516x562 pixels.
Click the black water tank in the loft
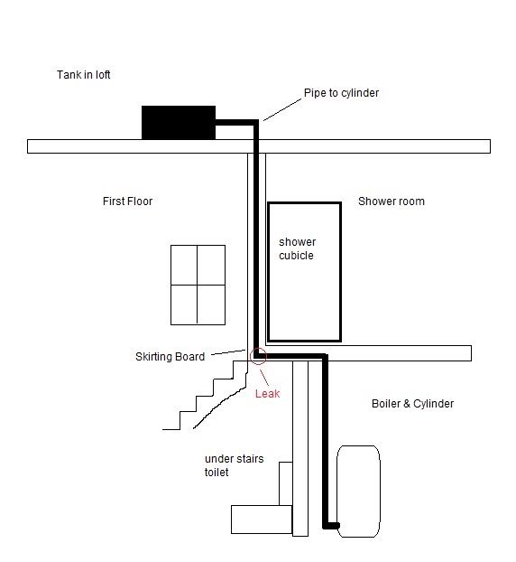pyautogui.click(x=179, y=123)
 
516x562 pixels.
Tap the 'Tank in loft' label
pyautogui.click(x=83, y=75)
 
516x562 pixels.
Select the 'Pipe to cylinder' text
pyautogui.click(x=341, y=93)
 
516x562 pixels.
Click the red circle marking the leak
pyautogui.click(x=258, y=348)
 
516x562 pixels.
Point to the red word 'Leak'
pyautogui.click(x=267, y=394)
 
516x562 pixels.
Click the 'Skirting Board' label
pyautogui.click(x=170, y=357)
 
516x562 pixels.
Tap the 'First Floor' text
pyautogui.click(x=127, y=201)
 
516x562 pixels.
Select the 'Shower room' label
pyautogui.click(x=392, y=201)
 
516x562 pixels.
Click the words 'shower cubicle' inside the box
pyautogui.click(x=297, y=248)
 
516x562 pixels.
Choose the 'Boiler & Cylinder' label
pyautogui.click(x=412, y=404)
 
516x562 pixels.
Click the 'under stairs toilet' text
pyautogui.click(x=234, y=465)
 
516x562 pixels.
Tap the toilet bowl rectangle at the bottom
pyautogui.click(x=262, y=520)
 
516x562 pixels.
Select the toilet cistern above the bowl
pyautogui.click(x=286, y=483)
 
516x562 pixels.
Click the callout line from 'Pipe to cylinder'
pyautogui.click(x=282, y=109)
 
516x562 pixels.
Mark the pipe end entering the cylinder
pyautogui.click(x=336, y=526)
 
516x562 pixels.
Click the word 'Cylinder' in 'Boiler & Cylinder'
pyautogui.click(x=433, y=404)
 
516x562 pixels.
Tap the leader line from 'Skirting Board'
pyautogui.click(x=228, y=352)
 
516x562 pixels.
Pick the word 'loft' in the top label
pyautogui.click(x=102, y=75)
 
